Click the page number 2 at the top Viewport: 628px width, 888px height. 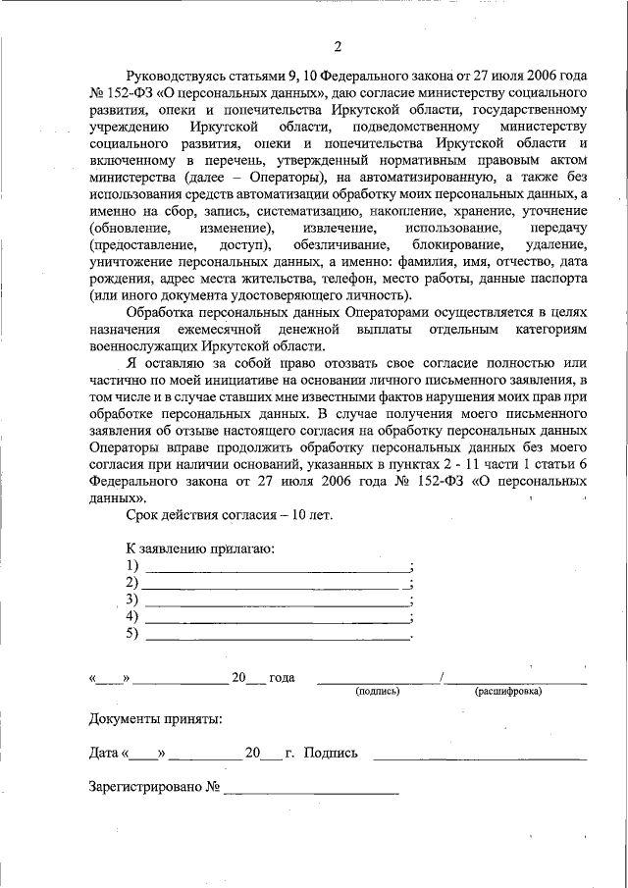click(x=337, y=47)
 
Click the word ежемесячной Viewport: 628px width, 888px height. click(x=214, y=333)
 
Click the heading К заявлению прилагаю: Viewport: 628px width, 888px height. click(x=199, y=549)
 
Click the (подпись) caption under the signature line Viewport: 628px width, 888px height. click(x=378, y=691)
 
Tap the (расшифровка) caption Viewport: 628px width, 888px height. click(x=508, y=691)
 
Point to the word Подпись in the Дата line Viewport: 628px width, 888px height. click(x=331, y=754)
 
